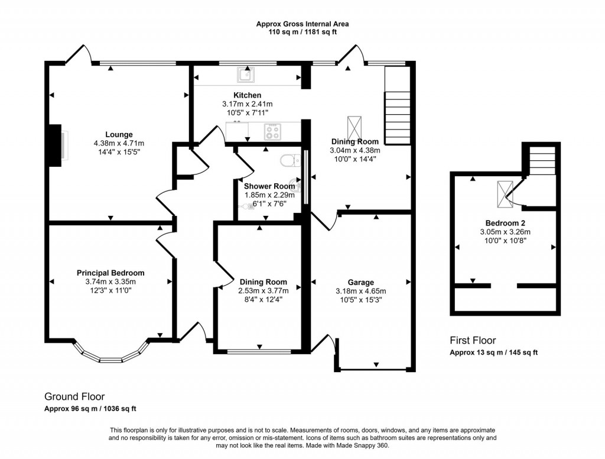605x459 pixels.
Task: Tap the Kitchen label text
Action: [x=247, y=95]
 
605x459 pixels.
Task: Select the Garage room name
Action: [x=360, y=282]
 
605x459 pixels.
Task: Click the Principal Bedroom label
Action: [x=110, y=273]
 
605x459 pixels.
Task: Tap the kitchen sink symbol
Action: [x=245, y=75]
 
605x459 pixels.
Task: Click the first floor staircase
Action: [x=542, y=160]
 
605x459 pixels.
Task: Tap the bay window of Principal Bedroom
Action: [x=110, y=355]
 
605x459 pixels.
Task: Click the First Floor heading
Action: [x=473, y=341]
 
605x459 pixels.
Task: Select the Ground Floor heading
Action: [x=75, y=396]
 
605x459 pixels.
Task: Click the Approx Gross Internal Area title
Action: [x=302, y=24]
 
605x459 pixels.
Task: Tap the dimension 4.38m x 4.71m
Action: [x=119, y=143]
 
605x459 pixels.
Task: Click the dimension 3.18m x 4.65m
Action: [x=360, y=291]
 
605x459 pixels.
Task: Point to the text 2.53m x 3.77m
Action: [x=263, y=290]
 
